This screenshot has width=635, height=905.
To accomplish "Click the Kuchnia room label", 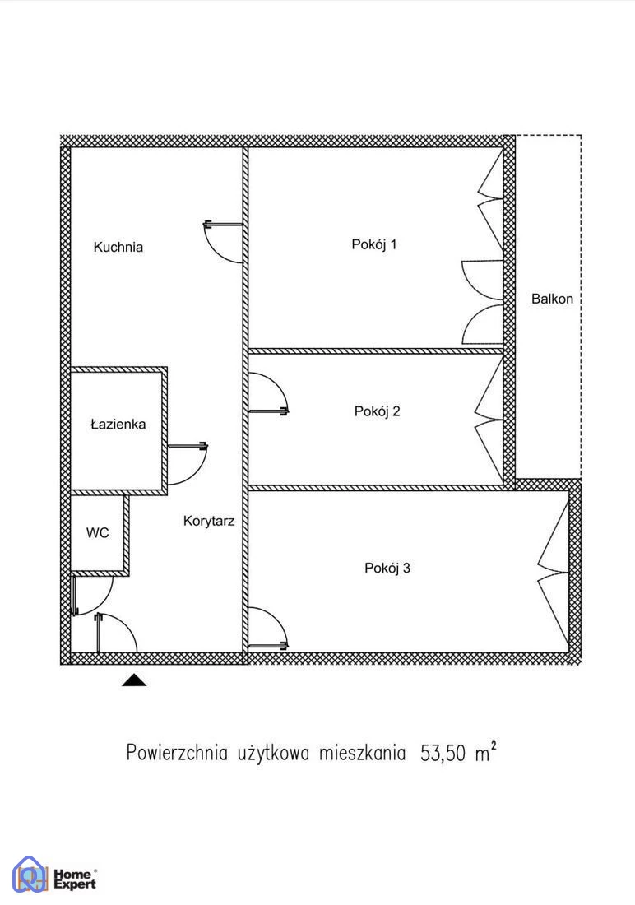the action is point(118,247).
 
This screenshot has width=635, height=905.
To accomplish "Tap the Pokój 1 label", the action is point(374,244).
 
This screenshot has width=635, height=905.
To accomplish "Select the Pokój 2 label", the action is point(377,411).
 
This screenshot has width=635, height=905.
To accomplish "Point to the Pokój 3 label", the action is point(387,568).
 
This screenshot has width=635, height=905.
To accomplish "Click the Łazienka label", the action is point(118,425).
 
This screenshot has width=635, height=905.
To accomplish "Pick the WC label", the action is point(98,533).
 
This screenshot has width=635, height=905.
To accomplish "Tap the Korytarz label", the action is point(208,521).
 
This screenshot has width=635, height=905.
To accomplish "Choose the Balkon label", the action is point(553,299).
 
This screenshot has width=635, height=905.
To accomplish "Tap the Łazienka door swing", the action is point(200,471).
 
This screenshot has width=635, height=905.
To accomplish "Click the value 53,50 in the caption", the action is point(443,753).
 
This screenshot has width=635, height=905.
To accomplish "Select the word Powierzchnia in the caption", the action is point(177,753).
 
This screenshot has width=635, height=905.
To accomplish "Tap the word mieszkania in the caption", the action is point(363,753).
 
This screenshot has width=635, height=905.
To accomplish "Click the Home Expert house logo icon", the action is point(30,873).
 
